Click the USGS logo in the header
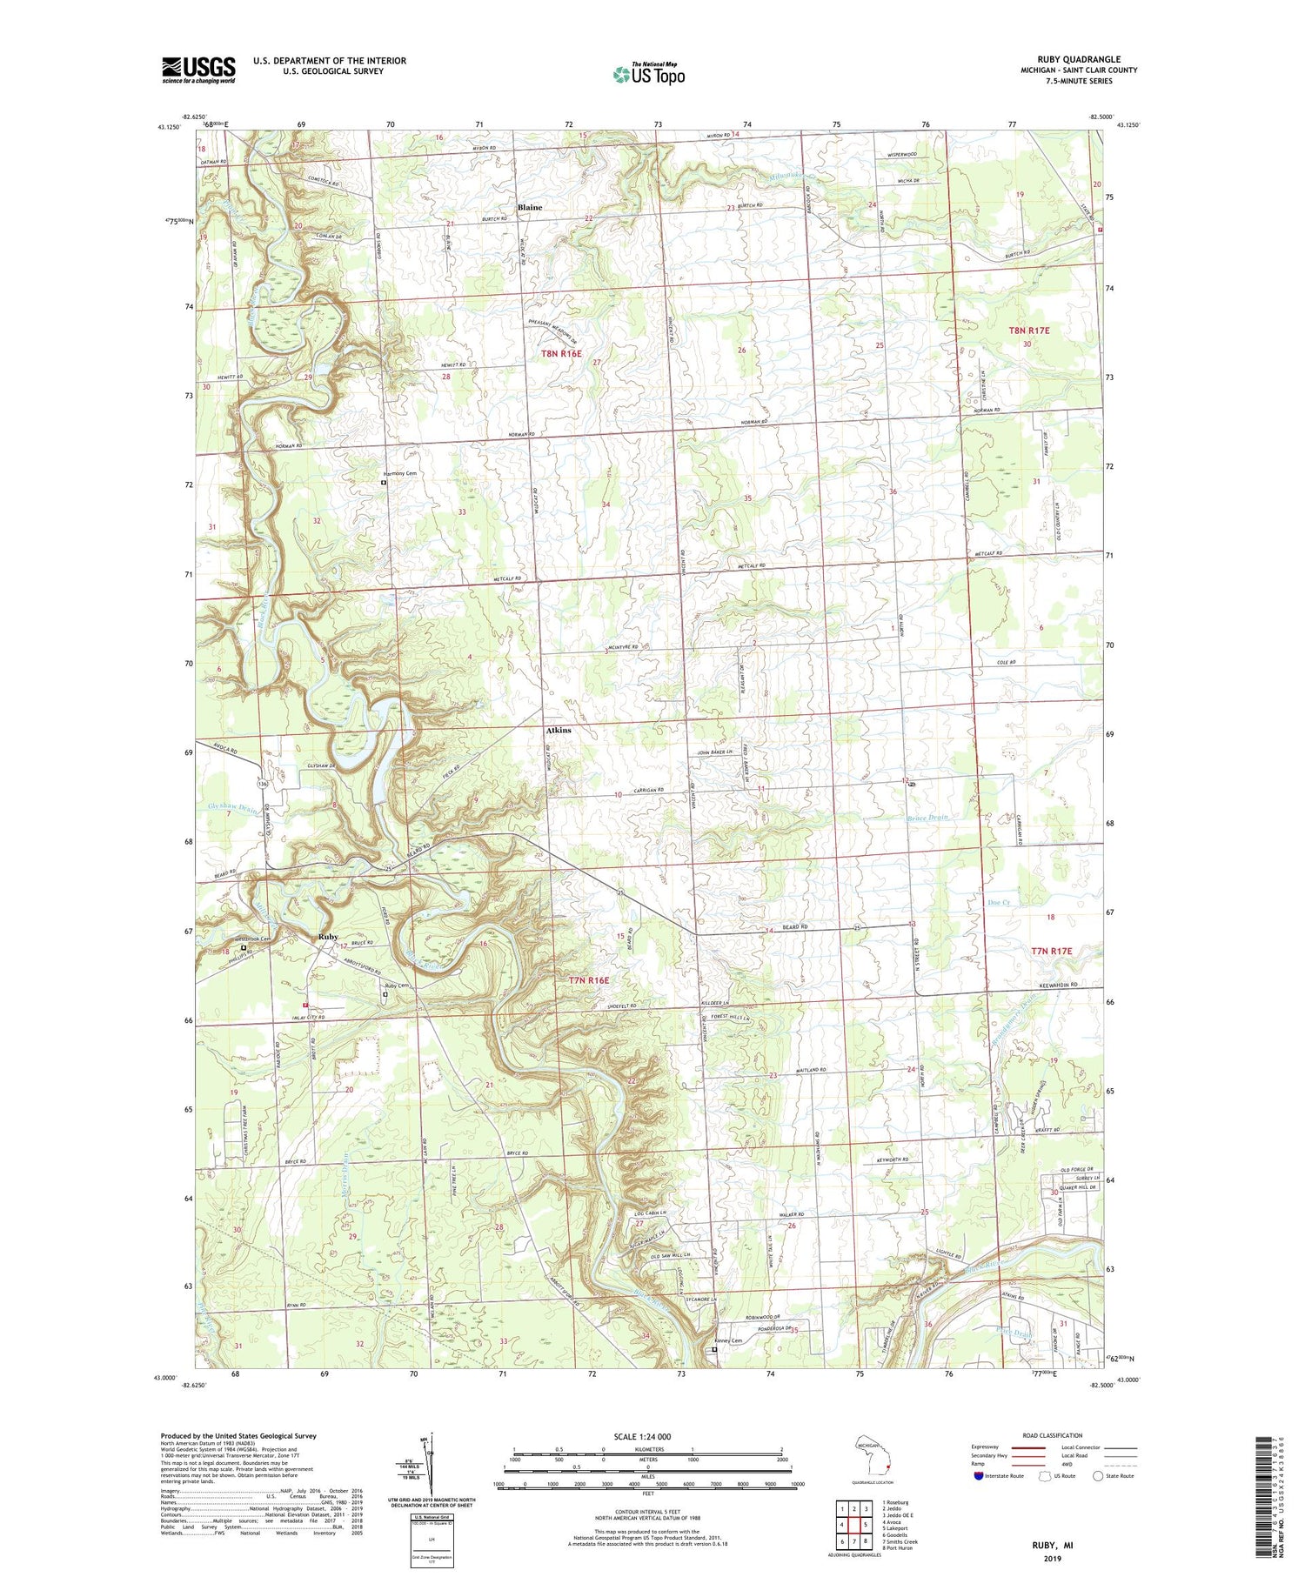pos(198,70)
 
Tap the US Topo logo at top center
pos(648,74)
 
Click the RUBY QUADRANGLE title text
pos(1066,59)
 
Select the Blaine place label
pos(529,208)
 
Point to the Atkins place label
pos(558,730)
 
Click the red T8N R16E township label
pos(560,354)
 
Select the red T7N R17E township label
pos(1053,952)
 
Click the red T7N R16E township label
pos(589,980)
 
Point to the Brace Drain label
pos(926,818)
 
